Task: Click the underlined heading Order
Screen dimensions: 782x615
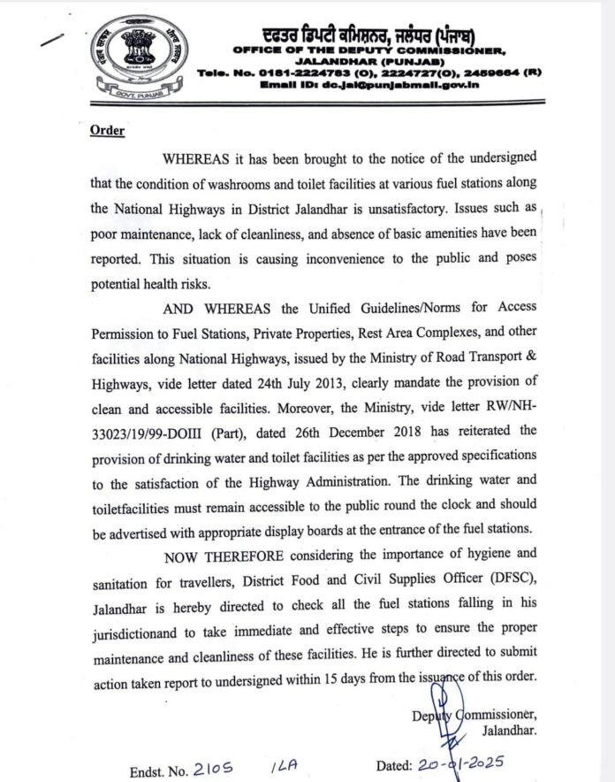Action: pos(107,131)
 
